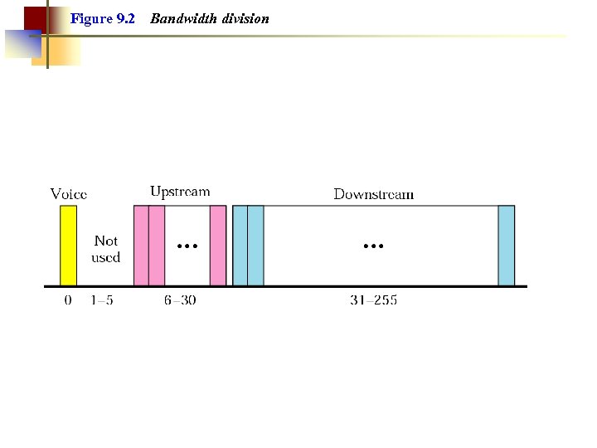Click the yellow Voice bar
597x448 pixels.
point(68,246)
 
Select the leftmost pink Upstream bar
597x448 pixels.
point(141,246)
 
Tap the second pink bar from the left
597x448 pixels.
point(157,246)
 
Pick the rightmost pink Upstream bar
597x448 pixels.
point(218,246)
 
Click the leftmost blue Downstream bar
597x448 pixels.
point(240,246)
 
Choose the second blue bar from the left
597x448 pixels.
point(255,246)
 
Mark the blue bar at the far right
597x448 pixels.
point(506,246)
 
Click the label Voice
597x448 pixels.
point(69,194)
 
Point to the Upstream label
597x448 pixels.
point(180,192)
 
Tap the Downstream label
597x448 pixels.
point(373,194)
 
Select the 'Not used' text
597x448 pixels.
point(106,249)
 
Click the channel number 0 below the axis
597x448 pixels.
point(68,300)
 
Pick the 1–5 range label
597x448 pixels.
point(102,300)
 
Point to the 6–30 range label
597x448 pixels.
point(180,300)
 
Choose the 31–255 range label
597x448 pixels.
point(373,300)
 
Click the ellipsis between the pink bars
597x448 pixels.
point(187,246)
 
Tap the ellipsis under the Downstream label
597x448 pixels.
point(373,246)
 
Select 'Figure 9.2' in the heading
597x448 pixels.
point(103,18)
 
